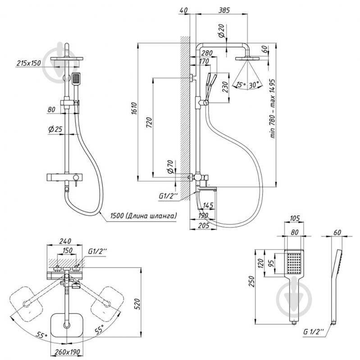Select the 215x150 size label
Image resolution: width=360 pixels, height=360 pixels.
tap(28, 63)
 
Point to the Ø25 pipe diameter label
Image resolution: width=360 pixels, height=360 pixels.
tap(55, 130)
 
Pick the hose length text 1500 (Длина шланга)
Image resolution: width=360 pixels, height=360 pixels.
tap(143, 216)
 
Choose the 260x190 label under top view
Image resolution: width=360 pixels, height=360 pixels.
tap(68, 351)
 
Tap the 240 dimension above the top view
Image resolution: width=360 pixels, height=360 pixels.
tap(67, 241)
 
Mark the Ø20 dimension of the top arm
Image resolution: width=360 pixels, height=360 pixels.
tap(221, 32)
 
